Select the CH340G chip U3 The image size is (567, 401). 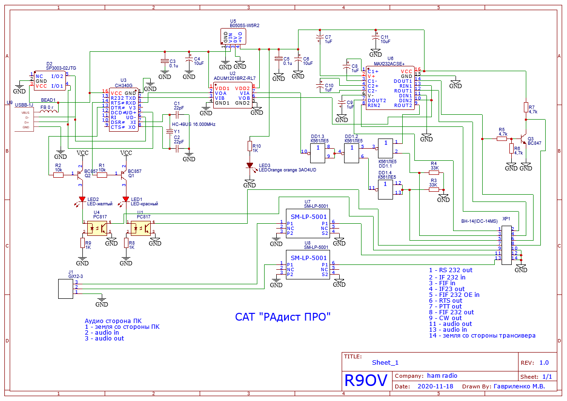(x=123, y=109)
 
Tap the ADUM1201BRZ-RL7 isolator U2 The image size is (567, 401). (x=232, y=95)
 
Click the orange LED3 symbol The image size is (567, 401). (x=250, y=165)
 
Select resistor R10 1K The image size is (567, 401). (x=250, y=146)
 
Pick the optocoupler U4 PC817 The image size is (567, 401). (x=97, y=228)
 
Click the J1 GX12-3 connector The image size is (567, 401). (x=65, y=288)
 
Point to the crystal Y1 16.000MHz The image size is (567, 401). (x=170, y=131)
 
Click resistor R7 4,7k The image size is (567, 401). (x=526, y=107)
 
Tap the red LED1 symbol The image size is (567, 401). (x=126, y=199)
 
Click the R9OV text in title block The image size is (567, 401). (x=366, y=381)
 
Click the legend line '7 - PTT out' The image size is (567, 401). (x=445, y=307)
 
